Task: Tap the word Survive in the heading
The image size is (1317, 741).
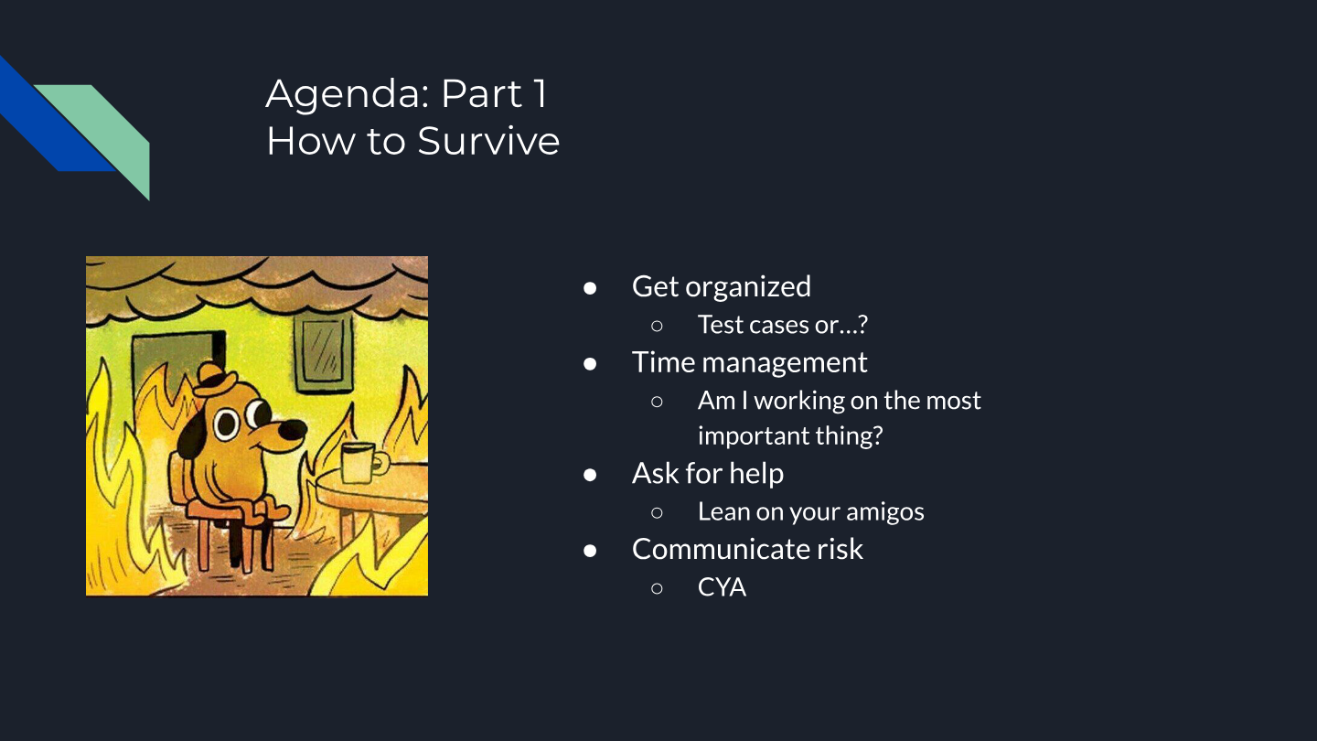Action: [488, 141]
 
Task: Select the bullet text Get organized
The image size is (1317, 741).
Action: [722, 287]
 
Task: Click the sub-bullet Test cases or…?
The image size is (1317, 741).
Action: [783, 325]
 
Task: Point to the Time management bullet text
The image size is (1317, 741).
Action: [750, 362]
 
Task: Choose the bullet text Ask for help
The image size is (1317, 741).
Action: [708, 474]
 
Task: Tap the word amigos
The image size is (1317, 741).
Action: [885, 512]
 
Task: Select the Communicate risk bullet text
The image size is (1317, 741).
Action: [747, 549]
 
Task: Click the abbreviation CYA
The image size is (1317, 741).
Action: [722, 587]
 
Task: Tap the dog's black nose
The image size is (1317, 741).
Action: [292, 430]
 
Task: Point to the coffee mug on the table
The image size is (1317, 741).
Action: [363, 463]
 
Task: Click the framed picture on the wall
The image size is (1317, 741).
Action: [324, 355]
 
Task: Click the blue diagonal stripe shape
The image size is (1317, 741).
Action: [56, 118]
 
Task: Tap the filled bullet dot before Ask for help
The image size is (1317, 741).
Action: [590, 475]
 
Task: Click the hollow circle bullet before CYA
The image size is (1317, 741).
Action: [658, 588]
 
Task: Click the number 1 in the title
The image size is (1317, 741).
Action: [540, 94]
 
